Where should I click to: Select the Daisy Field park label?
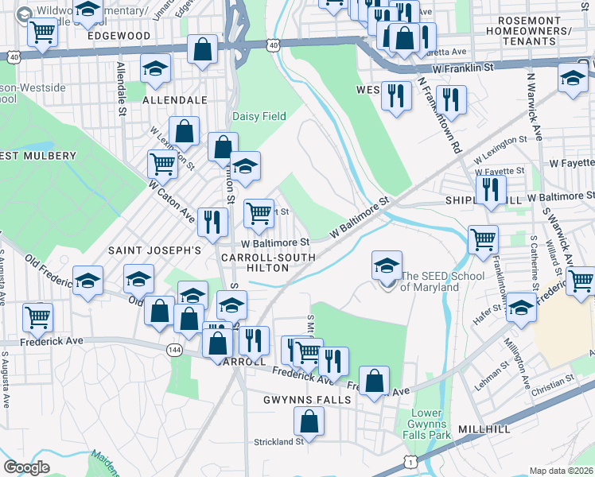point(259,116)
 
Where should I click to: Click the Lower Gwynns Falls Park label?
point(430,424)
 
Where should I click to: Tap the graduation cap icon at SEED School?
point(387,266)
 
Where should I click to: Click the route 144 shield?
point(174,349)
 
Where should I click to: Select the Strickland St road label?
point(278,441)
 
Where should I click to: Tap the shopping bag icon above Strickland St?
point(309,421)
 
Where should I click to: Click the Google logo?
point(27,467)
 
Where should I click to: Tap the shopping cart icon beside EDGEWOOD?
point(41,33)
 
